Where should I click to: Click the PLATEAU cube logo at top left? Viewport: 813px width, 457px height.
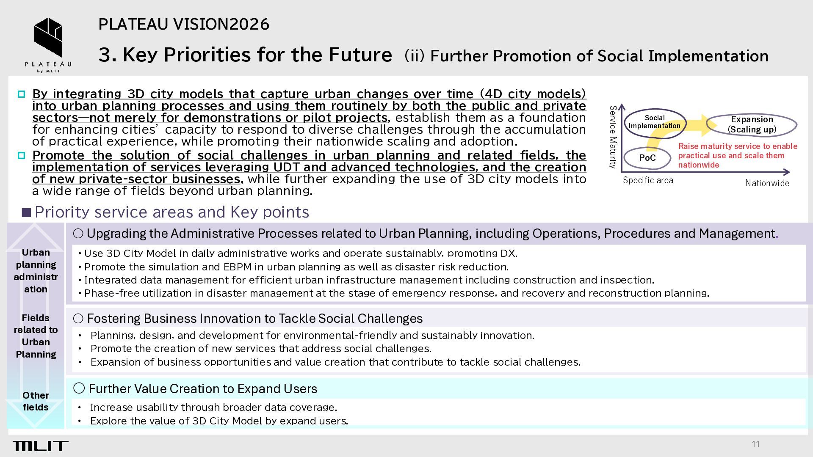(x=48, y=38)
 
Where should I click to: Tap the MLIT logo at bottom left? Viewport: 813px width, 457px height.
(x=41, y=446)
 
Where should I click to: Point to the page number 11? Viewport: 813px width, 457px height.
(x=756, y=444)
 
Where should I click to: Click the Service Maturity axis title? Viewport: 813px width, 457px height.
(x=613, y=137)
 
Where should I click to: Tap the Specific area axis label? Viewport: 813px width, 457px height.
(x=648, y=180)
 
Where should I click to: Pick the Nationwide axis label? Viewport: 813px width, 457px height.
(x=767, y=183)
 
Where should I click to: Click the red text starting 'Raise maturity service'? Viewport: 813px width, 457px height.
(x=738, y=155)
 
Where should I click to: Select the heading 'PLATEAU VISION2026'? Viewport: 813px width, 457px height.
(x=184, y=24)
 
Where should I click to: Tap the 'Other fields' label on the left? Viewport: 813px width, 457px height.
(x=36, y=401)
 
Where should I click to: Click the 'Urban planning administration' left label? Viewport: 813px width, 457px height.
(x=36, y=271)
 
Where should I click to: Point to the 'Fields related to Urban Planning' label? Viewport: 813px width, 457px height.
(x=36, y=336)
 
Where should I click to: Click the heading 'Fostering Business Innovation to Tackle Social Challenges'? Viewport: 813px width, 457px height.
(x=254, y=318)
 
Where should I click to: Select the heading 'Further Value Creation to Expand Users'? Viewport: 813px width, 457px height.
(x=203, y=388)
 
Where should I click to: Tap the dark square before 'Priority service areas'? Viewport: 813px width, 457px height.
(x=27, y=212)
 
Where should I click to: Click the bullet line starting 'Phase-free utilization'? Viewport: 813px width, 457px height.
(x=396, y=293)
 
